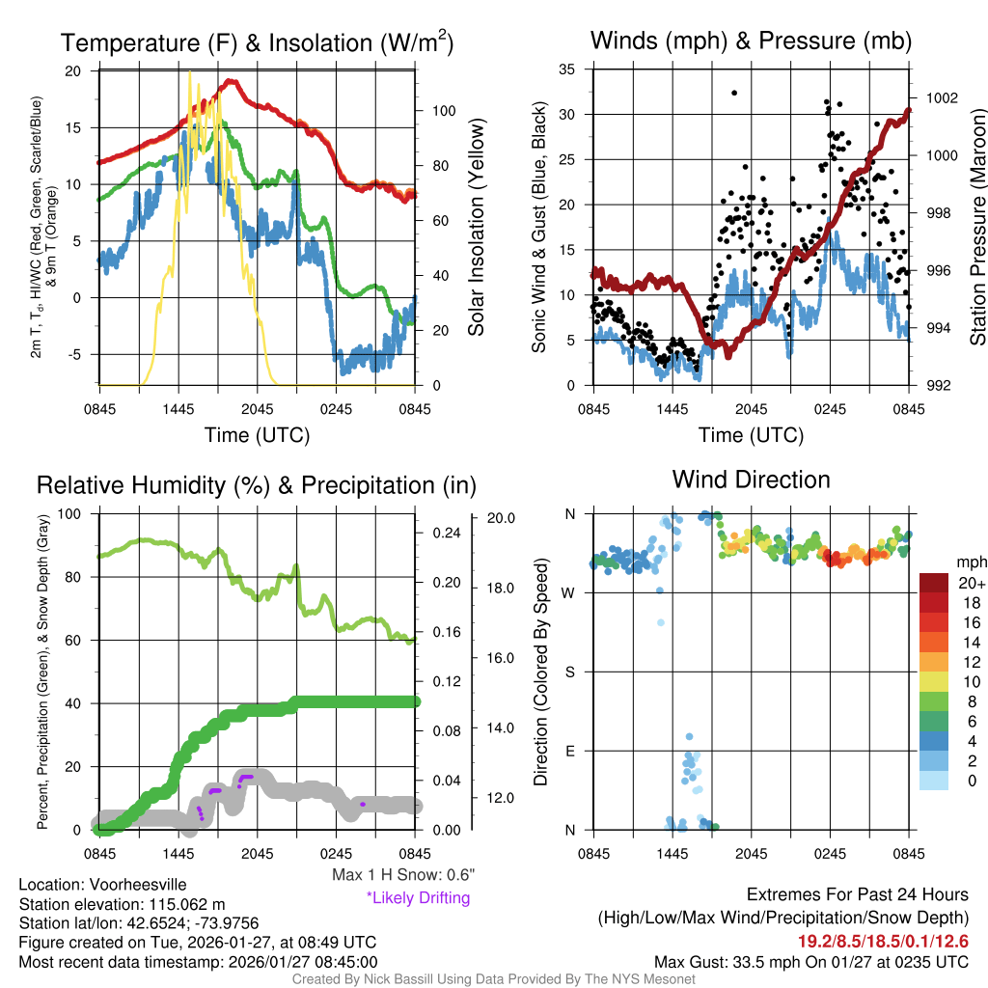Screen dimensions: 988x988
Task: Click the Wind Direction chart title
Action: pos(751,480)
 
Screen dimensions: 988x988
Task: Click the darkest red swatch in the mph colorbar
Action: pos(933,583)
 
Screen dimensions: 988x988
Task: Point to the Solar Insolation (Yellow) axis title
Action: pos(477,228)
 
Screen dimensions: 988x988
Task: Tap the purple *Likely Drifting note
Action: pos(418,897)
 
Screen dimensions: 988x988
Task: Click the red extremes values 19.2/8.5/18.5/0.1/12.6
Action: pos(883,942)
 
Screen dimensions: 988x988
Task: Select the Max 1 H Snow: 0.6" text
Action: pos(403,875)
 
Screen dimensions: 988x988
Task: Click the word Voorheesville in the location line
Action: pos(136,885)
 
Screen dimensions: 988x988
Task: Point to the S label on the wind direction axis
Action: pos(569,672)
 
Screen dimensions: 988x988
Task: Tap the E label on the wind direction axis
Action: pos(569,751)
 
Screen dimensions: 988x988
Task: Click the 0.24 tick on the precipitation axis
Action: pos(443,533)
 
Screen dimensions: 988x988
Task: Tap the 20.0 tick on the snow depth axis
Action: pos(502,518)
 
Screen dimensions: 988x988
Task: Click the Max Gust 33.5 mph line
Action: pos(810,962)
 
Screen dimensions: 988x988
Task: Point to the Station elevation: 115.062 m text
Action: pos(122,904)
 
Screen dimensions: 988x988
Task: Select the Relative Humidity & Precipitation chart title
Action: pos(256,484)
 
